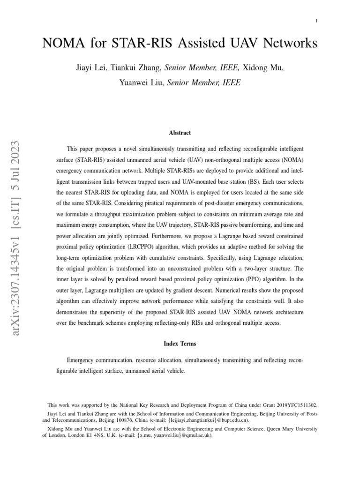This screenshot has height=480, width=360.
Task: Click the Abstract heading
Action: pos(180,133)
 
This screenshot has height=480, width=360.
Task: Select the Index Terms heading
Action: pos(180,344)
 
